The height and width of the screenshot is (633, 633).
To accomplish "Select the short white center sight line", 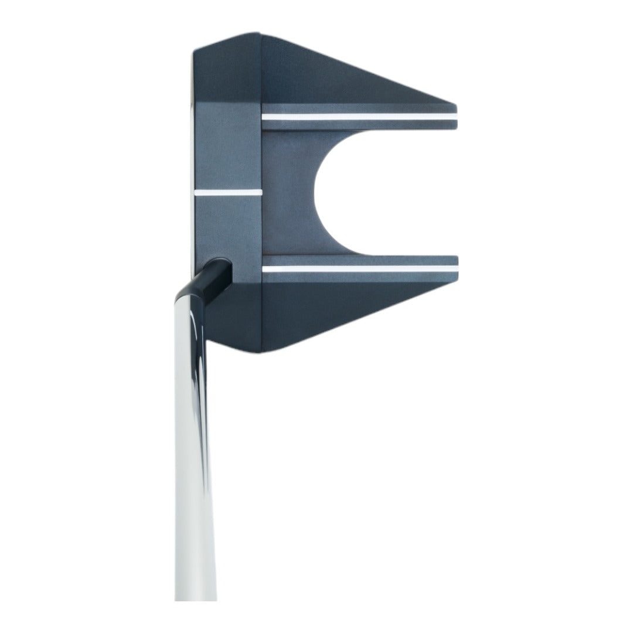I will [227, 191].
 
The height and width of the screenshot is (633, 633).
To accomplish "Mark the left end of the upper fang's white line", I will [266, 117].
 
